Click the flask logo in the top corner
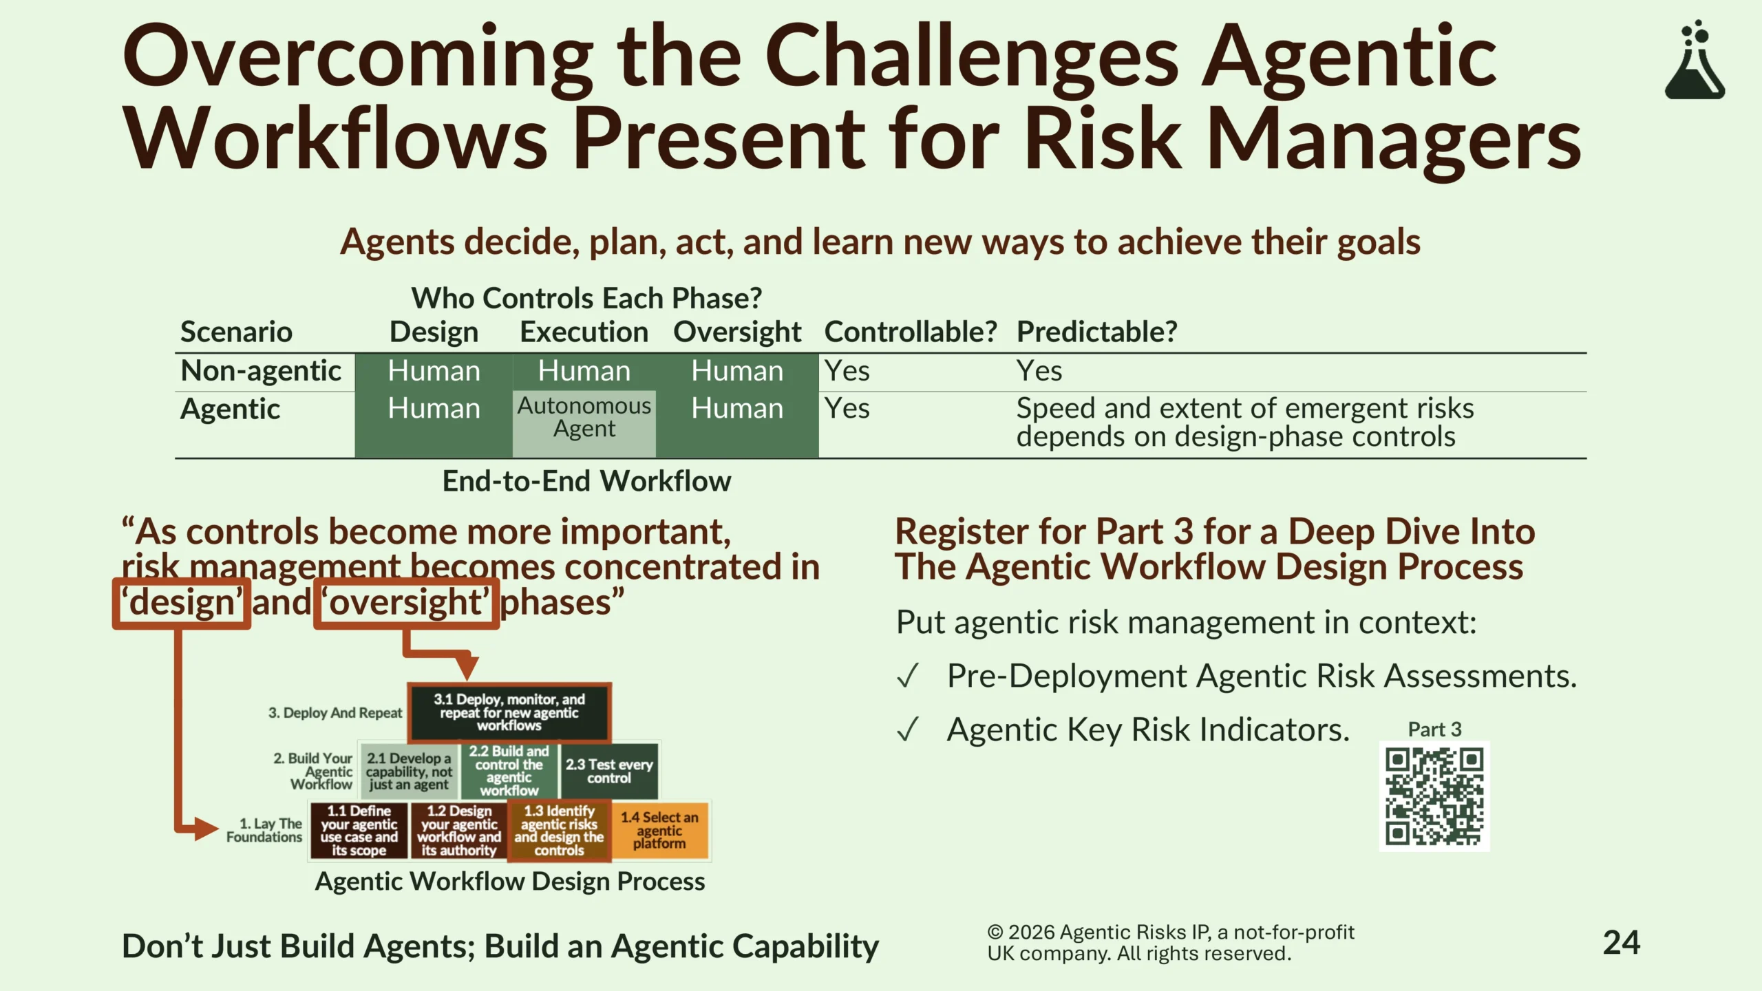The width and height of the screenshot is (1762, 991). [1695, 61]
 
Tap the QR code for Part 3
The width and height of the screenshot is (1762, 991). [1434, 796]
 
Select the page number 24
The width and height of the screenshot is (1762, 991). [1622, 943]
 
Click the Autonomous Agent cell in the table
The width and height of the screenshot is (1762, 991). [584, 418]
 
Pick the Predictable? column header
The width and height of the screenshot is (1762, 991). [1097, 332]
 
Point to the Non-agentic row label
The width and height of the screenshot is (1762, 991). [261, 371]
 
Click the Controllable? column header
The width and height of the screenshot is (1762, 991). [911, 332]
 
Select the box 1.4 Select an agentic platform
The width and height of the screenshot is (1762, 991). [660, 831]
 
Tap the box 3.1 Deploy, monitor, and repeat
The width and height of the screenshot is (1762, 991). [509, 712]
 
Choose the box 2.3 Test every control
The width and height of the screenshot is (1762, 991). [609, 771]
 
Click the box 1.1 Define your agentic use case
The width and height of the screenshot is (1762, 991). [359, 831]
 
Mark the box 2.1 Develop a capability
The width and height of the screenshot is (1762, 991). [410, 771]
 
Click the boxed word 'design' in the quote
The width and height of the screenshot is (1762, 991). [182, 603]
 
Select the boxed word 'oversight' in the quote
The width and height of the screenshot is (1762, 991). [407, 603]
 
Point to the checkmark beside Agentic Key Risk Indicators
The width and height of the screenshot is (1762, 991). [908, 730]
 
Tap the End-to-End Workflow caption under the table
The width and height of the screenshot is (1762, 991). [586, 481]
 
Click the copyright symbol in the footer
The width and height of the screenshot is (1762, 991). [995, 933]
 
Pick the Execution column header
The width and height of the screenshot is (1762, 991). [584, 332]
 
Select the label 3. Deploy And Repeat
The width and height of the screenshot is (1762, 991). [335, 713]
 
